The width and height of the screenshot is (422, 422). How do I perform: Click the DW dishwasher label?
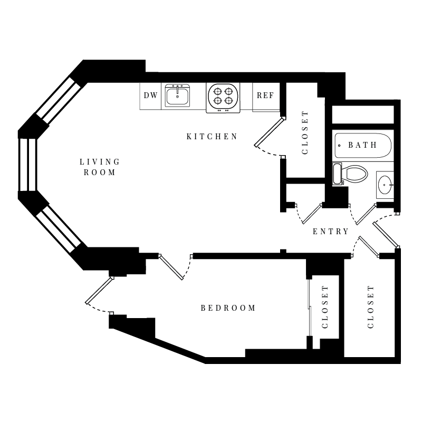150,95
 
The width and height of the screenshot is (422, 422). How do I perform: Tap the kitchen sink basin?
177,96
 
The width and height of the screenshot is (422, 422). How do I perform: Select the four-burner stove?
223,98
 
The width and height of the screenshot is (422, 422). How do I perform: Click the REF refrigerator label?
265,95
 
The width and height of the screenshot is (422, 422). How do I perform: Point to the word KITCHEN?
212,137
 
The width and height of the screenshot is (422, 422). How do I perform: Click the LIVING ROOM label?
100,167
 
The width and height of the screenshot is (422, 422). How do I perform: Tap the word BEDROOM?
228,308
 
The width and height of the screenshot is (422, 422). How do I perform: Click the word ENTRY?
331,232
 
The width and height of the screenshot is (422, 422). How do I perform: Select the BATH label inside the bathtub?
362,145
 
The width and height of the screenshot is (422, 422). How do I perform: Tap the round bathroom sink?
386,185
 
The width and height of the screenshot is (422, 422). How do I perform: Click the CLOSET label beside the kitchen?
305,132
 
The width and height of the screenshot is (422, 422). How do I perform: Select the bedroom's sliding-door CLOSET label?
325,307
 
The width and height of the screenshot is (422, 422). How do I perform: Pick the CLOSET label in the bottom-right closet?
371,307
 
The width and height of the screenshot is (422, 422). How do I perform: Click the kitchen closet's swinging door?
269,132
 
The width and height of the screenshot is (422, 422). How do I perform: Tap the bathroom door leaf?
366,215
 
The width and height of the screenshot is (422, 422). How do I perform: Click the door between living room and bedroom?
171,267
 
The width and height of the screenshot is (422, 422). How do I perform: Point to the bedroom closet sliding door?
310,308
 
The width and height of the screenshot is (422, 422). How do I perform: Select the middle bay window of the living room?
27,165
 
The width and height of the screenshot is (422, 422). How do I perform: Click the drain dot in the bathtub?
339,146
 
